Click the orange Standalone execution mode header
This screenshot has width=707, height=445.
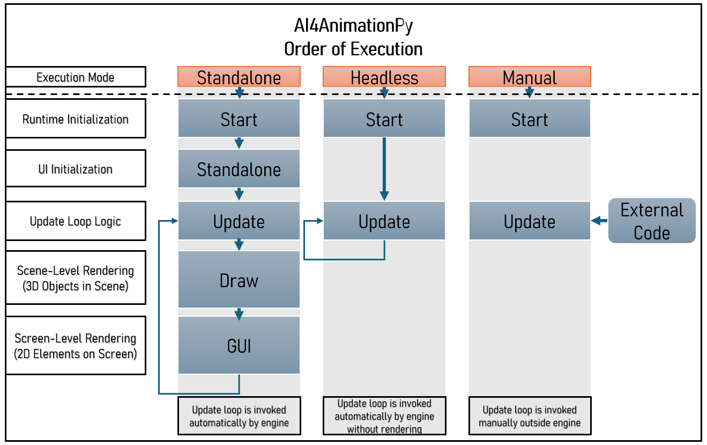239,77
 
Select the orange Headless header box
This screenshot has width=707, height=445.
384,77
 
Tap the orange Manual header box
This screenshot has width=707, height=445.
530,77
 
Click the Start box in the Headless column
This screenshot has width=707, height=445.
384,119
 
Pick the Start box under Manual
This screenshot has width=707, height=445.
530,119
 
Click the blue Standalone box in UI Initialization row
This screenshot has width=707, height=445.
239,169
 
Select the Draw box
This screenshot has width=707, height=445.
239,280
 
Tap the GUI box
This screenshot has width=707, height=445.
239,346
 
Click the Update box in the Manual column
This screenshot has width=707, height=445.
530,221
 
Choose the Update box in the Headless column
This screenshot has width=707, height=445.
384,221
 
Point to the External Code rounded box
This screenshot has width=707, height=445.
652,221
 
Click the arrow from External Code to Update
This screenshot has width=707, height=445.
599,221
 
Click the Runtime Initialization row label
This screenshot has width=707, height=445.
76,119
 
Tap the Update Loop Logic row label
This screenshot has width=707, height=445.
76,221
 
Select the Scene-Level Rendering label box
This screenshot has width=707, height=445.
76,278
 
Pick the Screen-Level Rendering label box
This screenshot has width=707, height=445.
76,346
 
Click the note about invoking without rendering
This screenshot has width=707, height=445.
384,416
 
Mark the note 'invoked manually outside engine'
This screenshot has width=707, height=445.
530,416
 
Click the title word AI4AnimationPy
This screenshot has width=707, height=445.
353,25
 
